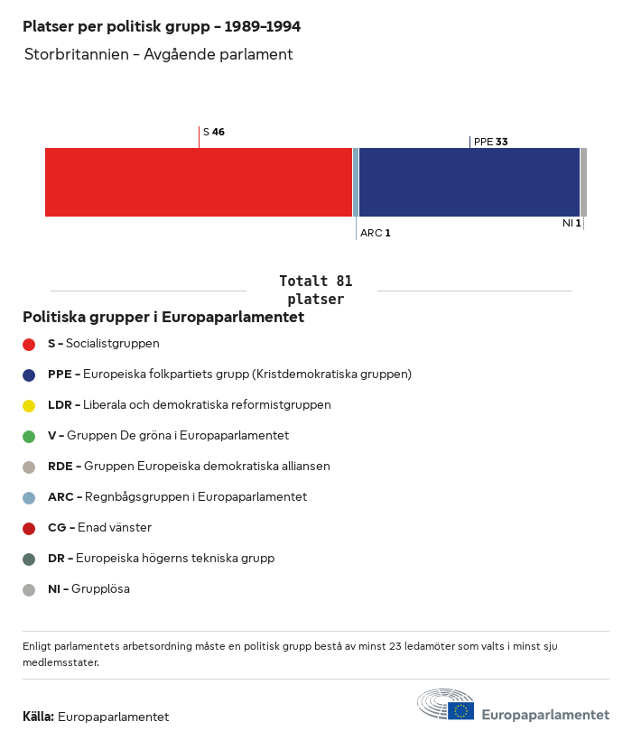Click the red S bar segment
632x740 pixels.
click(x=199, y=182)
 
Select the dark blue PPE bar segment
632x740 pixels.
click(x=469, y=182)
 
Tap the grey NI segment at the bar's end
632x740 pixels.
click(x=583, y=182)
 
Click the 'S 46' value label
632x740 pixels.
click(x=214, y=132)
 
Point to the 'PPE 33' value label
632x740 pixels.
click(x=490, y=142)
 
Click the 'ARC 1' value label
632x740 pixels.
click(x=375, y=233)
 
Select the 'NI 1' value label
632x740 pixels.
click(x=572, y=223)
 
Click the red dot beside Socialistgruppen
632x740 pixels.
click(x=29, y=344)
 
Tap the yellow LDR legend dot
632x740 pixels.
click(x=29, y=405)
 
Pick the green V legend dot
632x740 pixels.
click(x=29, y=436)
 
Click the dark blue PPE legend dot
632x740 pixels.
click(x=29, y=375)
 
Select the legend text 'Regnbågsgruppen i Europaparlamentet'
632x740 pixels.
click(x=196, y=497)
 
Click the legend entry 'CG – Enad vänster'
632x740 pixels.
click(x=99, y=528)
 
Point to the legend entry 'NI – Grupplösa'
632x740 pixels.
click(x=88, y=589)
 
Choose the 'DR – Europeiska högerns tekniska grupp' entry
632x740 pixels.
click(x=161, y=559)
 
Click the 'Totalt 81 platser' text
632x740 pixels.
click(x=315, y=290)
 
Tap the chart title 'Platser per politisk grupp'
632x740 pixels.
click(x=162, y=27)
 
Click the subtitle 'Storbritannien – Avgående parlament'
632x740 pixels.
click(x=159, y=54)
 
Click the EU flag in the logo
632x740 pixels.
click(x=461, y=710)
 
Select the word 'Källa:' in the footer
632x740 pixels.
click(x=39, y=717)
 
